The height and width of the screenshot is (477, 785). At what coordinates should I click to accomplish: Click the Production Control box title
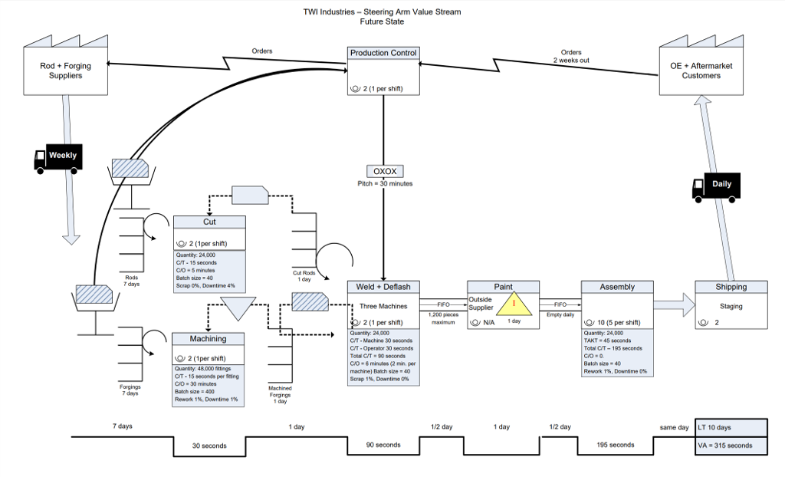[383, 53]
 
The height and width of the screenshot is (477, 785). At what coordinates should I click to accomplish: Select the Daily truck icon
[716, 186]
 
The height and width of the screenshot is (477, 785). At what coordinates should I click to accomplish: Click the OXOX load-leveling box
[385, 171]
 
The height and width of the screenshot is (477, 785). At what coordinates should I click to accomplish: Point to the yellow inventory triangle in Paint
[514, 304]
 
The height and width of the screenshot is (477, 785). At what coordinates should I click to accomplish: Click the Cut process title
[209, 222]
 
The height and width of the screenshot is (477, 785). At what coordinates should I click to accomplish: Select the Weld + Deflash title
[383, 287]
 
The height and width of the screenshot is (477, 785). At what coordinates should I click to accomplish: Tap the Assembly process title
[617, 287]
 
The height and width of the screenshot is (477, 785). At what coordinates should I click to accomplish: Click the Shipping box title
[731, 287]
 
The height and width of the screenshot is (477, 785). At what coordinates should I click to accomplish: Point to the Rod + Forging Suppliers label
[65, 71]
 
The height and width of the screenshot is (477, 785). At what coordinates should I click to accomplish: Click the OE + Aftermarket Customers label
[701, 71]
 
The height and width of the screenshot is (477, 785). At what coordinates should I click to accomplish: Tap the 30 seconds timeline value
[209, 446]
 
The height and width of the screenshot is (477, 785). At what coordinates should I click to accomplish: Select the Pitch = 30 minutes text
[385, 184]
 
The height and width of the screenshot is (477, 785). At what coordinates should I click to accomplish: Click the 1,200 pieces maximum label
[443, 318]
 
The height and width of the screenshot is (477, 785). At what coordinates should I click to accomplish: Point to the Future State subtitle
[382, 21]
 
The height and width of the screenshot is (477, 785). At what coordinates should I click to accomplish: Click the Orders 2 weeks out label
[571, 56]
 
